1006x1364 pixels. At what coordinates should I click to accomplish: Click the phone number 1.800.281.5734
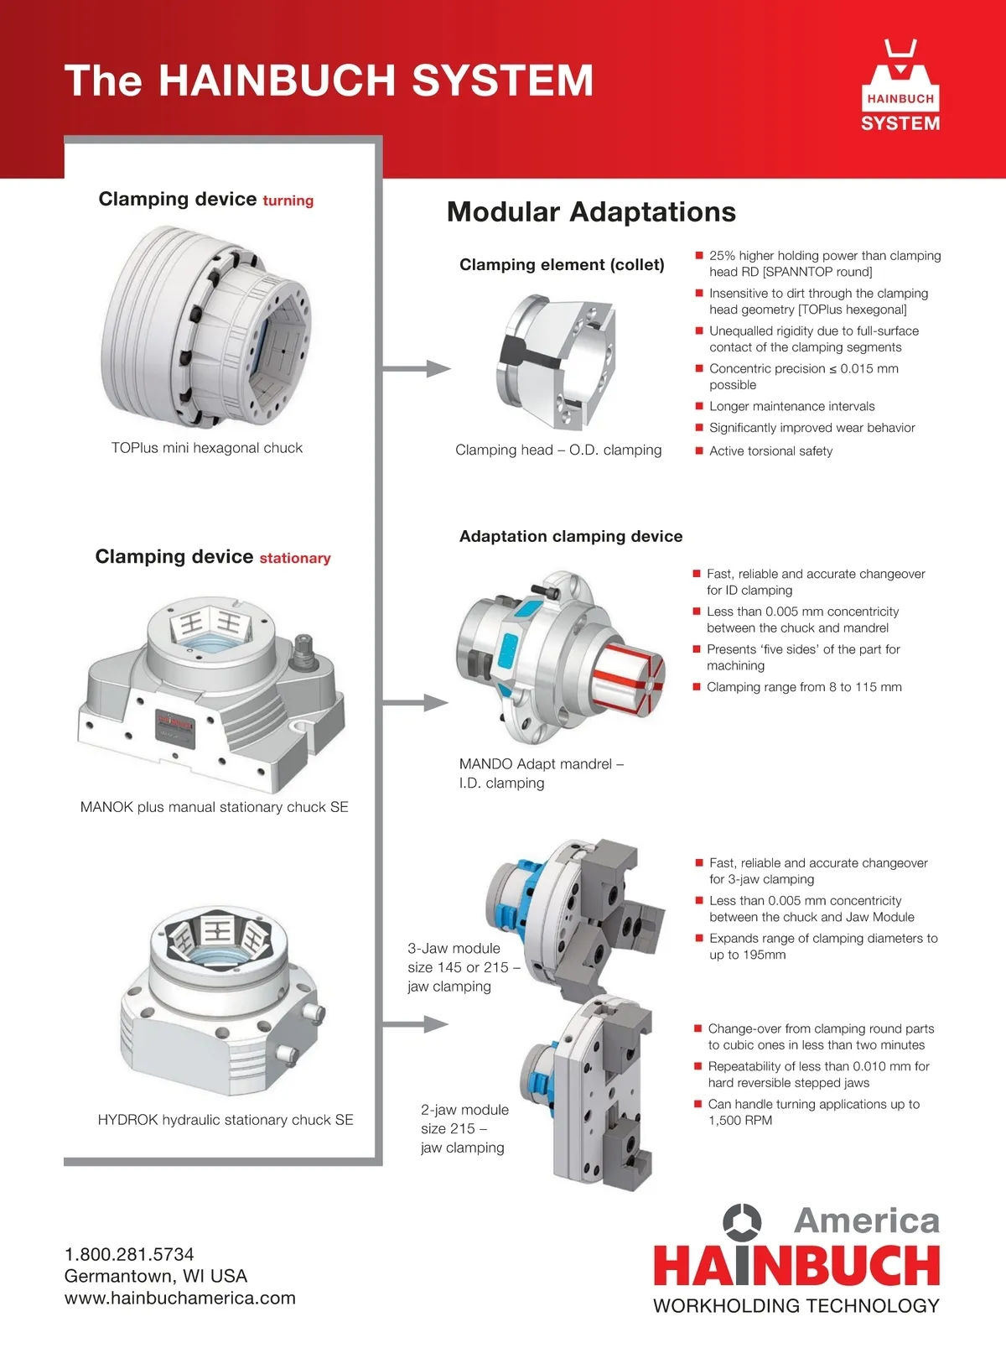pos(129,1254)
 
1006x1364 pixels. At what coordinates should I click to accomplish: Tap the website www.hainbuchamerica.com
pos(179,1298)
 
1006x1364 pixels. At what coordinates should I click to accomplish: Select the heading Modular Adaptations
pos(591,211)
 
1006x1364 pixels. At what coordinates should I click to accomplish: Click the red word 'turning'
pos(288,200)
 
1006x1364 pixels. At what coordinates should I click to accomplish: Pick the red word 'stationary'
pos(295,559)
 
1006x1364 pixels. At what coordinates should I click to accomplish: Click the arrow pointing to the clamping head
pos(417,368)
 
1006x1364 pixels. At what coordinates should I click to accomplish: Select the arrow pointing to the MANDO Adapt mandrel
pos(416,703)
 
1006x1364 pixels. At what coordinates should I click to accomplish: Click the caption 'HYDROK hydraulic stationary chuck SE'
pos(226,1120)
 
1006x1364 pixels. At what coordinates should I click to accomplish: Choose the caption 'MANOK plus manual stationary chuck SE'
pos(214,807)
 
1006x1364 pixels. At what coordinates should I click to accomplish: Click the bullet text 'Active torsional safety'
pos(770,451)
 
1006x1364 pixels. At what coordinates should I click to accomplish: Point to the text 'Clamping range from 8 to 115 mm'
pos(804,687)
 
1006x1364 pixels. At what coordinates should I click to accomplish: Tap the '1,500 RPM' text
pos(740,1121)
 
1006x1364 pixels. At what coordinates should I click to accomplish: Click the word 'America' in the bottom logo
pos(867,1221)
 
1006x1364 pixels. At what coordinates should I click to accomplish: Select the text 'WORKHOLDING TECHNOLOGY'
pos(796,1306)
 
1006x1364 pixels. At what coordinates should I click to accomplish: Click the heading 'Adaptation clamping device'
pos(571,537)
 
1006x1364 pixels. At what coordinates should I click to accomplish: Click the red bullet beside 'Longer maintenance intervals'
pos(699,406)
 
